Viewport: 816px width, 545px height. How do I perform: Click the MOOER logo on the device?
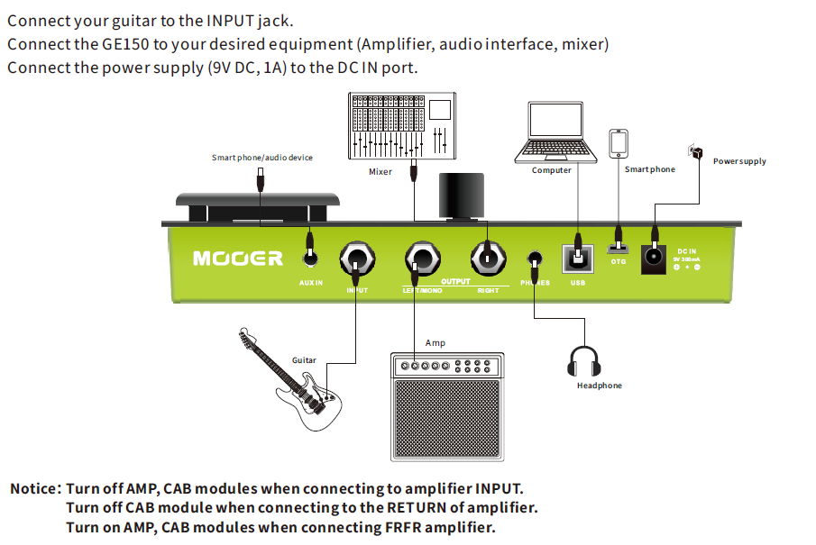click(237, 259)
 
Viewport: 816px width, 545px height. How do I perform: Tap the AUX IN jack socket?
click(311, 259)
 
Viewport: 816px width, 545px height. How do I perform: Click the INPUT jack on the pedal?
click(357, 259)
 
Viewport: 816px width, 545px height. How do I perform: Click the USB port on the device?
click(577, 259)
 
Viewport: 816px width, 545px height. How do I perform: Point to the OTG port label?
click(618, 262)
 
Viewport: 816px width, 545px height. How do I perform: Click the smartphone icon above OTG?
click(619, 143)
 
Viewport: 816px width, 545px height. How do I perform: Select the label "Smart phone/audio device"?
click(262, 158)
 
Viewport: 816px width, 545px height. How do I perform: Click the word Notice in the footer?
click(34, 489)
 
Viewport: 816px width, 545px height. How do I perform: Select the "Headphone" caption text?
click(599, 386)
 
